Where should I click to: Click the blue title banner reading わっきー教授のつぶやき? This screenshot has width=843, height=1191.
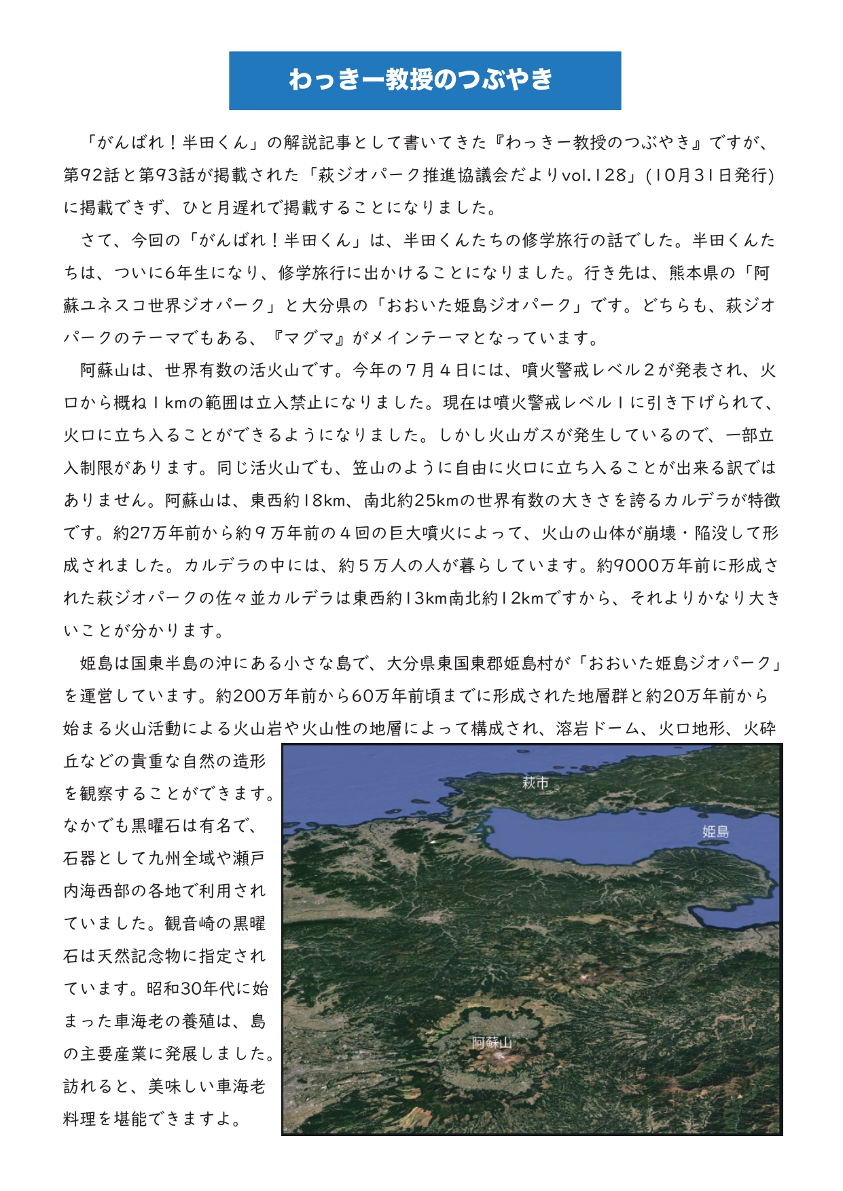pos(425,80)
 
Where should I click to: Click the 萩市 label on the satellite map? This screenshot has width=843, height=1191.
pos(535,783)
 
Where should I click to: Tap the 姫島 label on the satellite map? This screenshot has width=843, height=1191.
pos(715,832)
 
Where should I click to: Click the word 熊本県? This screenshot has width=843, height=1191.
pos(694,273)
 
